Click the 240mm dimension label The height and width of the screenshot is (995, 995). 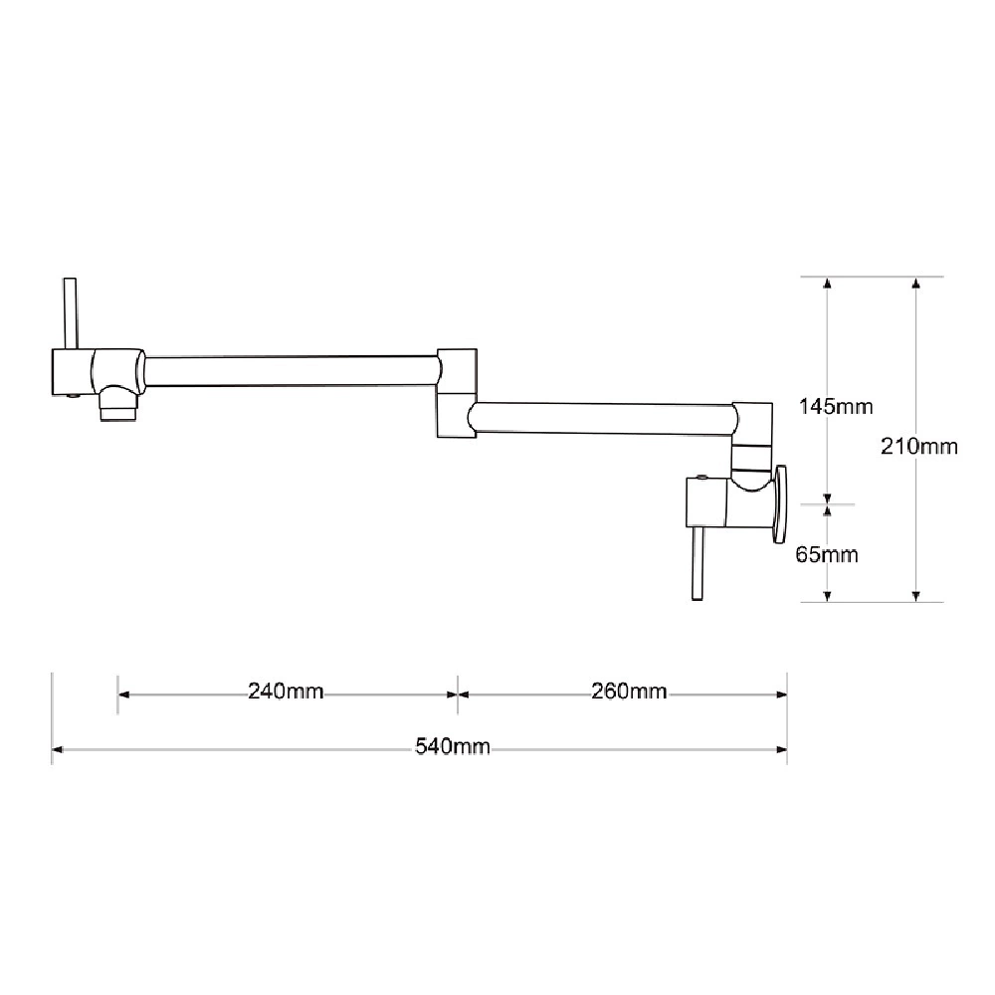286,692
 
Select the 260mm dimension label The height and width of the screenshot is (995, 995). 629,692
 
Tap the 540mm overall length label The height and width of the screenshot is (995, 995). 453,746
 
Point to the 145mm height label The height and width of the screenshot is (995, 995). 836,406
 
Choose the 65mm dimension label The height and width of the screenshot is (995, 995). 827,554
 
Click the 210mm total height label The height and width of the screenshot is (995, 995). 918,447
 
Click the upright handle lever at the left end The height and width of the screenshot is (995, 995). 70,313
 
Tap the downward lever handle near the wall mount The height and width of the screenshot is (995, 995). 697,563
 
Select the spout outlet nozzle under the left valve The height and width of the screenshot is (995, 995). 119,406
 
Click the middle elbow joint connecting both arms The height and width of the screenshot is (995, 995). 457,393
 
